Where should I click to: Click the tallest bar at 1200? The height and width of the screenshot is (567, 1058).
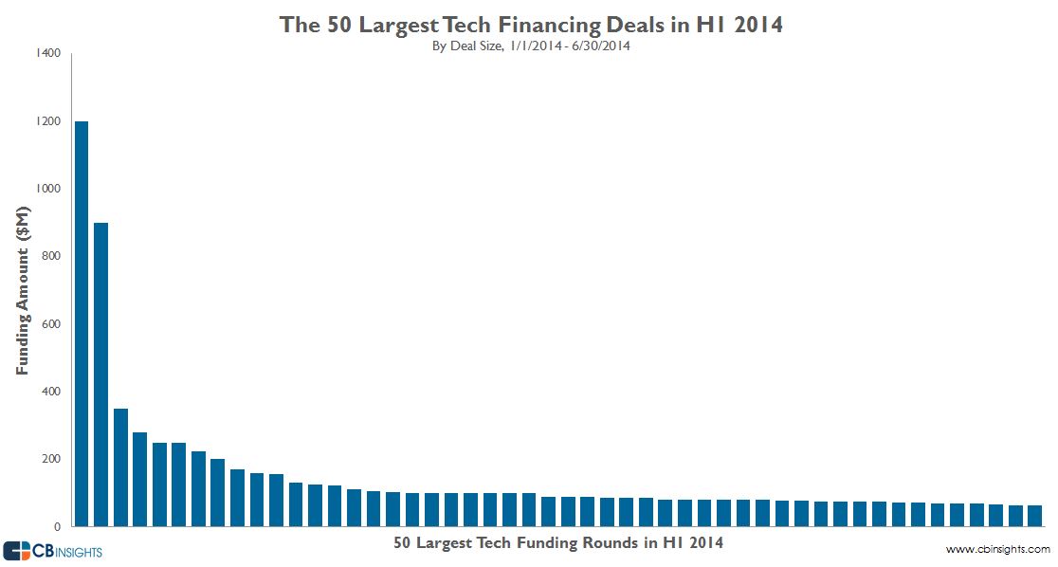[x=82, y=322]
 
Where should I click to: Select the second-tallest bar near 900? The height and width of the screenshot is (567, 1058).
[x=100, y=374]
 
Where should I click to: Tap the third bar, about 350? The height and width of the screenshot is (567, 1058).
[x=120, y=466]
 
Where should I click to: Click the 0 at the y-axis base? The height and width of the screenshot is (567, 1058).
[x=57, y=526]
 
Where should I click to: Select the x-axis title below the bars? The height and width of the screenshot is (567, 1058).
[x=557, y=543]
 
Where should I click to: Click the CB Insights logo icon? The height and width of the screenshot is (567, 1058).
[x=18, y=551]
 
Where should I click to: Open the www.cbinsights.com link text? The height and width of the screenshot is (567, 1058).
[x=997, y=550]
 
